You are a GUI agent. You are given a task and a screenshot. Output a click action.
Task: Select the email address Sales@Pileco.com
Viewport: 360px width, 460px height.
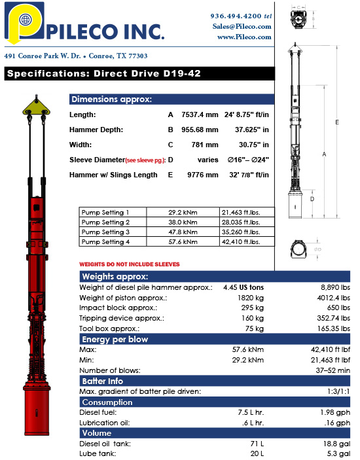click(x=242, y=26)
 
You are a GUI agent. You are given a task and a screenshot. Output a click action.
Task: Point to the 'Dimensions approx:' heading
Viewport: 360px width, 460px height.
click(x=111, y=99)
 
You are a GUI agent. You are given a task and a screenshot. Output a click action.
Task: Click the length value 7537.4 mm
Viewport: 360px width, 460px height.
click(x=200, y=115)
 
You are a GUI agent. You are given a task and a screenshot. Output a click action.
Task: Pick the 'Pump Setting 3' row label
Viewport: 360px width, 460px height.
click(x=105, y=232)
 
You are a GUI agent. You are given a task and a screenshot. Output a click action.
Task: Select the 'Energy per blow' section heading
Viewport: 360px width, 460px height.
click(x=115, y=339)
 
